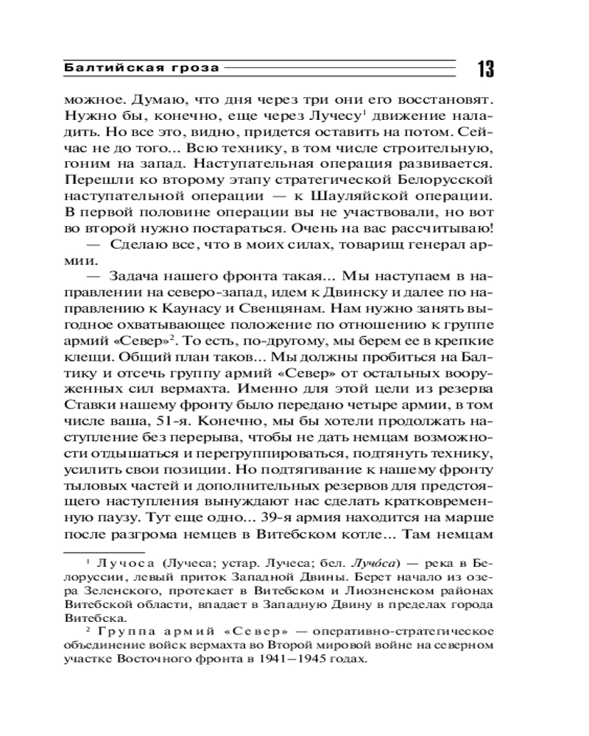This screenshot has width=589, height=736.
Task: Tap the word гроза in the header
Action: pyautogui.click(x=194, y=68)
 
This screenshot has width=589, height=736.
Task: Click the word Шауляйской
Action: pyautogui.click(x=398, y=197)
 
